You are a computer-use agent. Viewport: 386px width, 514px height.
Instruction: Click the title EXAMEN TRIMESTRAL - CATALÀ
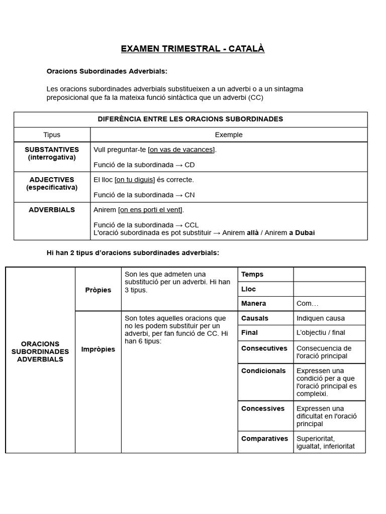(192, 49)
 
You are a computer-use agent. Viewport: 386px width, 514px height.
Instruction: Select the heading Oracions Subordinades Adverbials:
(107, 71)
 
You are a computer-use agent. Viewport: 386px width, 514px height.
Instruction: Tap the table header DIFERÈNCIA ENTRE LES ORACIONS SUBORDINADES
(190, 119)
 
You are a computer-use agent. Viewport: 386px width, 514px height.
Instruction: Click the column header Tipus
(52, 135)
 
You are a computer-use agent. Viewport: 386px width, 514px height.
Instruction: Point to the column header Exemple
(228, 135)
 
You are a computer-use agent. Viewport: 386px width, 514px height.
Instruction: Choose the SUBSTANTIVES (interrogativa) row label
(52, 153)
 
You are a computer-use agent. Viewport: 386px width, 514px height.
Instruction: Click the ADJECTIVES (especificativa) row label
(52, 183)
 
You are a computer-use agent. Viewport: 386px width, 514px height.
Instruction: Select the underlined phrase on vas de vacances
(181, 150)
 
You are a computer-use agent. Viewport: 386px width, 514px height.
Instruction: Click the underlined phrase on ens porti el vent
(151, 210)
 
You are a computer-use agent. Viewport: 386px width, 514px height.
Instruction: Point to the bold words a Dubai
(302, 232)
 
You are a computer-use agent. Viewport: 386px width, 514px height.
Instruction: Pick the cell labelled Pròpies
(98, 290)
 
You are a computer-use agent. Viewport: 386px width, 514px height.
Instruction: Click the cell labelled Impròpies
(98, 349)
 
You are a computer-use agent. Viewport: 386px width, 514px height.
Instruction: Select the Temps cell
(252, 275)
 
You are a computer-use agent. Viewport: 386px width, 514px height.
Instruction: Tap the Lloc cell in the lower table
(248, 289)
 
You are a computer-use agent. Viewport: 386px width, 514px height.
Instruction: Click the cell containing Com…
(308, 304)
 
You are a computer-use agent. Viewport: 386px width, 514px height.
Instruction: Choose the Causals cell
(255, 318)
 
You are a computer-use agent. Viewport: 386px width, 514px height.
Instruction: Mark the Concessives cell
(262, 409)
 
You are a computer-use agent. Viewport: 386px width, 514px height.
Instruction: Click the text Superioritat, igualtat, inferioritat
(325, 442)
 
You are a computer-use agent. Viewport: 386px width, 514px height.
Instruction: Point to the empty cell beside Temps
(329, 275)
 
